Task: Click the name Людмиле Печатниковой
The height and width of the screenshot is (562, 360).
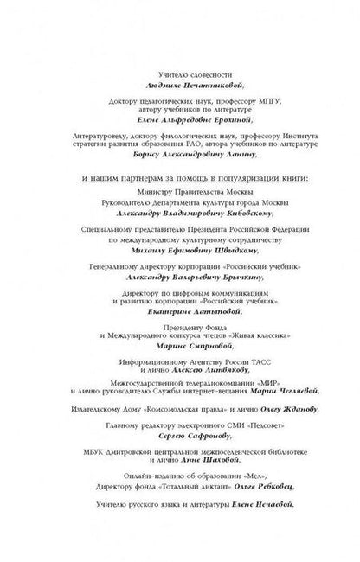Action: [180, 86]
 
